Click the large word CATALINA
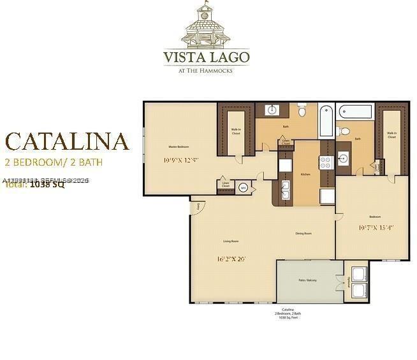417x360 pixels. [x=67, y=141]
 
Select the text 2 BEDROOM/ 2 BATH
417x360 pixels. [x=54, y=162]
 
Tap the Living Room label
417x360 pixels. [x=230, y=241]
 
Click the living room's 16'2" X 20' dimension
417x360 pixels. [x=231, y=259]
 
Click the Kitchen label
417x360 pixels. [x=305, y=173]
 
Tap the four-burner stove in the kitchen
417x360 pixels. [x=326, y=162]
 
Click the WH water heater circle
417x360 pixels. [x=243, y=188]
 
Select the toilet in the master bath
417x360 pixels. [x=302, y=111]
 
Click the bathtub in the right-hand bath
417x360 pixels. [x=355, y=112]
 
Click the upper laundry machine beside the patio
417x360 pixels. [x=358, y=275]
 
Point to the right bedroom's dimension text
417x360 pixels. [x=376, y=227]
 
